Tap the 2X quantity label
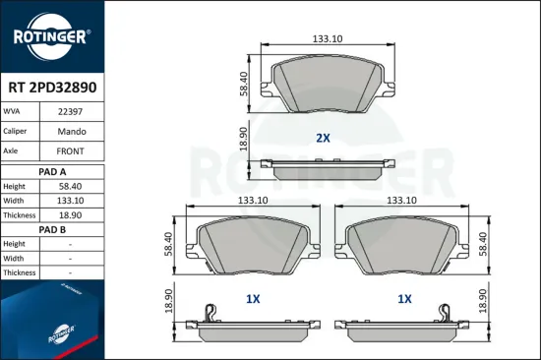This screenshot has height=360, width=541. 323,139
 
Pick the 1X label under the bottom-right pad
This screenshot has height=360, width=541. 403,298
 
